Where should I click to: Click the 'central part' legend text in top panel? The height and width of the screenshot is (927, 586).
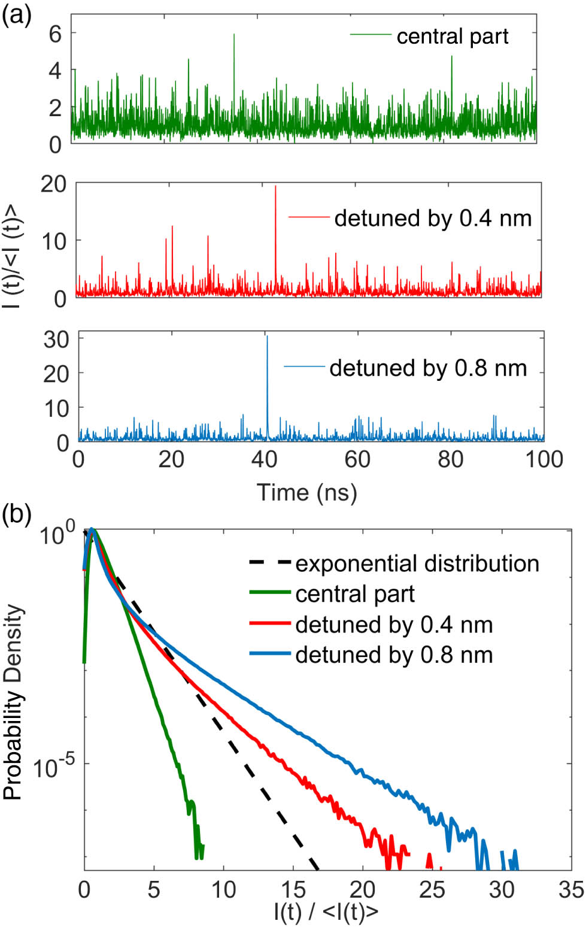tap(452, 37)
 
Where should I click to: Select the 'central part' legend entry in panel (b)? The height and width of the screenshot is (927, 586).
tap(355, 594)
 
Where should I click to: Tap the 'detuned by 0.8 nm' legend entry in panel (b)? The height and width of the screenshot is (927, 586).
tap(394, 655)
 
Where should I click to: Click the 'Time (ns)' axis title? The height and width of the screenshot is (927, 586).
tap(307, 492)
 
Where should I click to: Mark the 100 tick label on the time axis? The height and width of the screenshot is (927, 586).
tap(544, 459)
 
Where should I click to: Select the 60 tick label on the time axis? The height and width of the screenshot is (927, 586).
tap(357, 459)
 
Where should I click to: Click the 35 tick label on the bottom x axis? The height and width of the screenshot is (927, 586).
tap(570, 890)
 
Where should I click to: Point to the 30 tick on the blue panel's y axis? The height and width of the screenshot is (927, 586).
tap(56, 340)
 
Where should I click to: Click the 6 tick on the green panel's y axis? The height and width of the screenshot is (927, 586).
tap(55, 34)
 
